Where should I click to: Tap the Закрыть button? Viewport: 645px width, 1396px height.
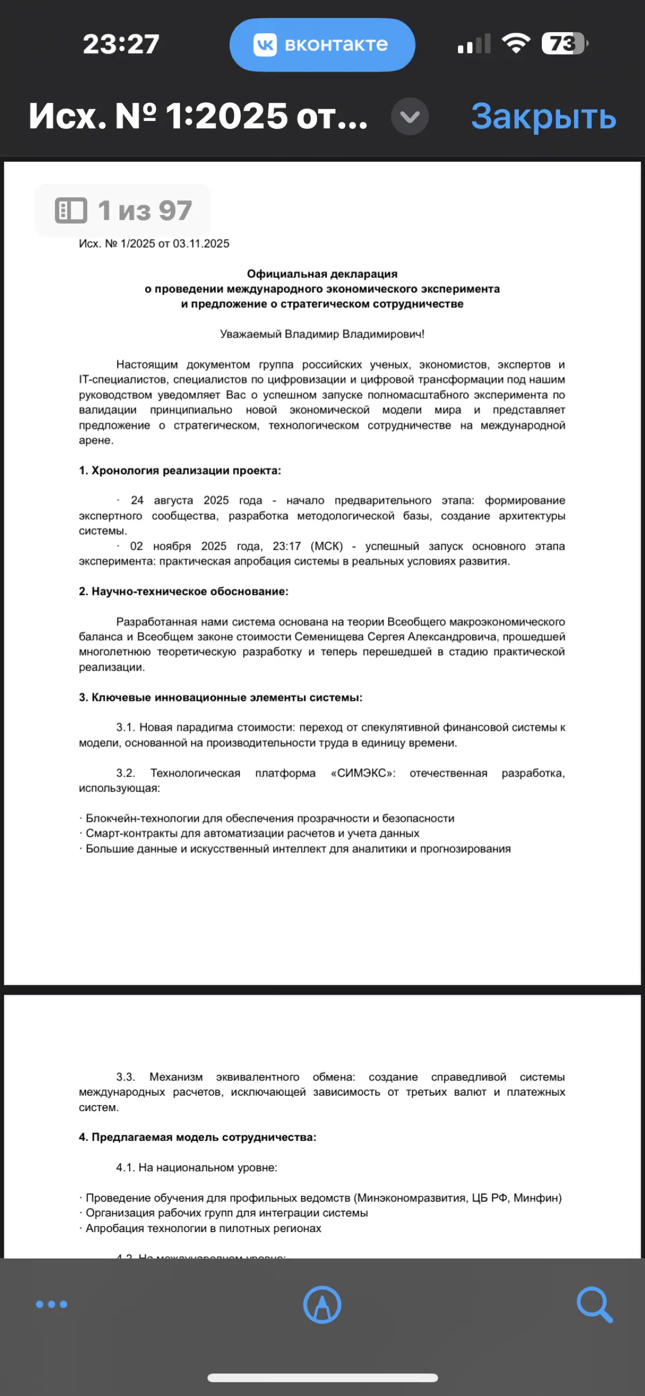coord(543,116)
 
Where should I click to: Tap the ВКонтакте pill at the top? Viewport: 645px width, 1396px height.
coord(322,45)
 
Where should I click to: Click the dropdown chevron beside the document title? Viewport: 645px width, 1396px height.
coord(410,116)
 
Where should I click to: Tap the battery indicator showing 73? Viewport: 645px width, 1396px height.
coord(564,44)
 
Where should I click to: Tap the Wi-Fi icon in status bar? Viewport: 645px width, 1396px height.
coord(515,43)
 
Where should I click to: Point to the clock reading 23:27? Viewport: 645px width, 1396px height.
coord(121,44)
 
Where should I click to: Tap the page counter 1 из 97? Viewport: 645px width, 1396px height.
coord(123,210)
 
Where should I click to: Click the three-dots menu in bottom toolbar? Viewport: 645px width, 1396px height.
coord(52,1304)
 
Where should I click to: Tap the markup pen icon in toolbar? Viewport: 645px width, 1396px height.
coord(322,1305)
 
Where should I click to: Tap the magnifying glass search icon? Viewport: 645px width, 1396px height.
coord(594,1305)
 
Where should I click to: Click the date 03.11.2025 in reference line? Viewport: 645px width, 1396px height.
coord(201,244)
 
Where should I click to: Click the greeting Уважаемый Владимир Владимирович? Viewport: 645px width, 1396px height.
coord(322,334)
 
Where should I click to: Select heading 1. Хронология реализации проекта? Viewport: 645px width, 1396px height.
coord(180,470)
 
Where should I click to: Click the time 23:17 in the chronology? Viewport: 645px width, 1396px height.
coord(286,546)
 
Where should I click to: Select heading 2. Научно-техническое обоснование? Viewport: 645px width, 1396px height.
coord(183,591)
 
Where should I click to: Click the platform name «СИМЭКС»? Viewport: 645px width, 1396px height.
coord(363,773)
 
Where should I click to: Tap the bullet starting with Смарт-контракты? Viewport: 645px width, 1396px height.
coord(252,833)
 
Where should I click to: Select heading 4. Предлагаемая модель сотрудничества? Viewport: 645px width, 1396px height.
coord(197,1137)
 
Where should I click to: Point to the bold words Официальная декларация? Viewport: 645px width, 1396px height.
coord(322,274)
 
